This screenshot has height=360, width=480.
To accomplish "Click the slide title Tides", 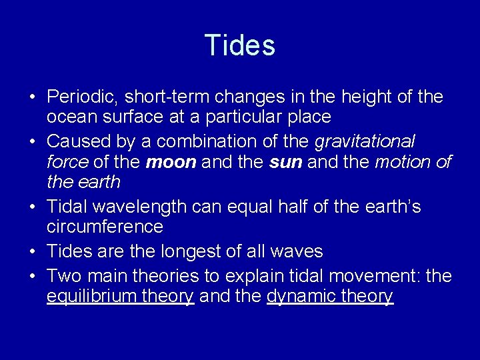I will [240, 45].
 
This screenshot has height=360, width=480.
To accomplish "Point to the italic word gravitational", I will [365, 141].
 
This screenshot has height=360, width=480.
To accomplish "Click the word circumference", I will [105, 227].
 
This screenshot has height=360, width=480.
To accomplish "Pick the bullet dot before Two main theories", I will [32, 276].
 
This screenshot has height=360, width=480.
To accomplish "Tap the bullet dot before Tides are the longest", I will [32, 252].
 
